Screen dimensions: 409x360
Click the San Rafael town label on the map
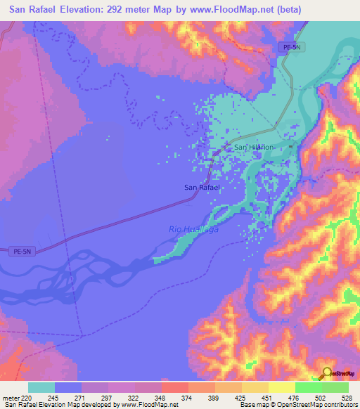click(x=202, y=187)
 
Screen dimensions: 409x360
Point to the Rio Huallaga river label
click(x=194, y=229)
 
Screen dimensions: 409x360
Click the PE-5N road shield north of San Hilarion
click(x=288, y=47)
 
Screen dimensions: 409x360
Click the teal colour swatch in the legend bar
click(x=41, y=387)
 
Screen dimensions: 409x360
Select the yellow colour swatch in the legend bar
click(x=281, y=387)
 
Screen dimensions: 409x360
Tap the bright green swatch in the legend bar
click(x=308, y=387)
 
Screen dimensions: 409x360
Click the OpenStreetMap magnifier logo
click(x=328, y=373)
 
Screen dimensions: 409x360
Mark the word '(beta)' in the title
click(x=288, y=10)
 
